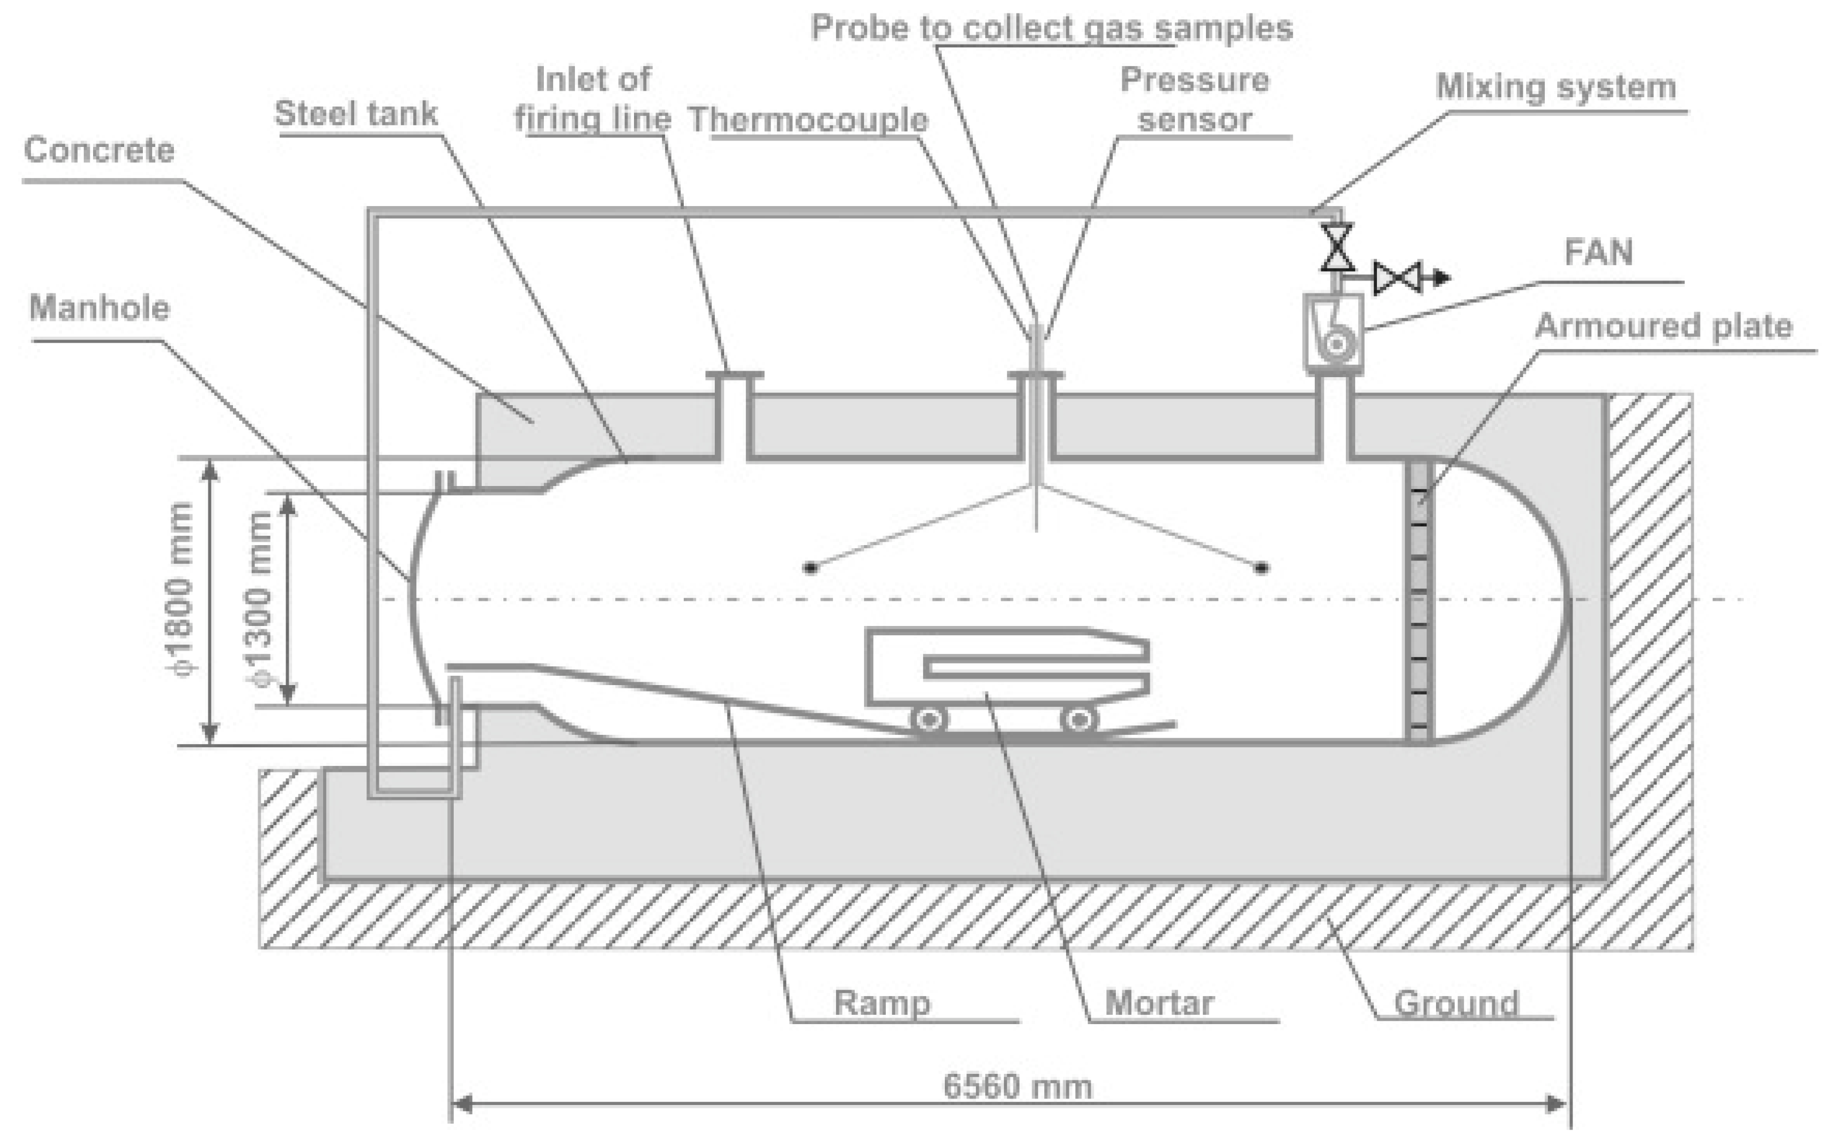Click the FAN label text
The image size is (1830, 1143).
click(1598, 252)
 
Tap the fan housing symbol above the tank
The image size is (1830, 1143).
click(1334, 333)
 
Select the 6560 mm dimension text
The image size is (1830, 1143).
click(1018, 1087)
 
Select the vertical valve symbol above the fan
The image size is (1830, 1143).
click(1336, 247)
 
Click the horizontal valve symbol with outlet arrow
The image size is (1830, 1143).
click(1398, 278)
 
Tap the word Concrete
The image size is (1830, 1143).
click(99, 150)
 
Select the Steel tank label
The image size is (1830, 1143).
click(355, 114)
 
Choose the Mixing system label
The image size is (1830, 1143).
click(1555, 86)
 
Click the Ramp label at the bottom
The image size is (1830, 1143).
click(882, 1003)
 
